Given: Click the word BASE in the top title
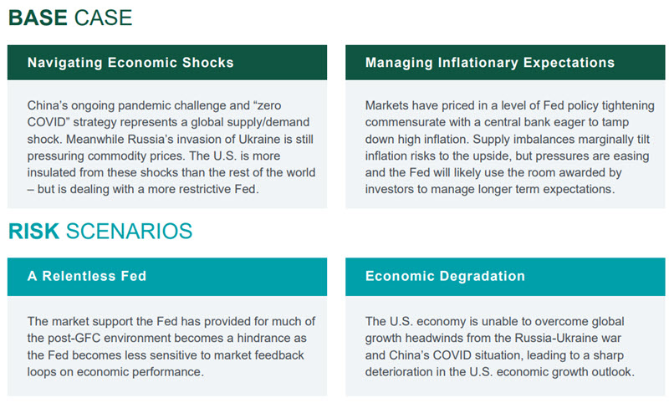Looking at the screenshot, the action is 38,18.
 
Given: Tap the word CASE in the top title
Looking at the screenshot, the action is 103,18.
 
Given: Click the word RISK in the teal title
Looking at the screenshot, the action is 33,231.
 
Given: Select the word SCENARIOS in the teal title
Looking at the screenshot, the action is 130,231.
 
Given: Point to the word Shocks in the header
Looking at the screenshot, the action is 207,63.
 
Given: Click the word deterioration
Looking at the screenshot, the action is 399,372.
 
